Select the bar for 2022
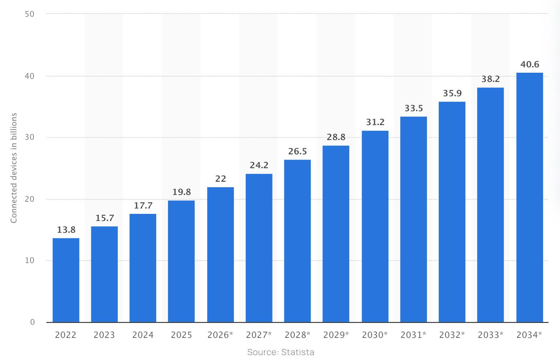[66, 280]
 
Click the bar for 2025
[181, 261]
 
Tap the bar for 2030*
[375, 226]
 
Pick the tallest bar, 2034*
[529, 197]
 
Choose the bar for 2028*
[297, 241]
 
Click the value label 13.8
[66, 230]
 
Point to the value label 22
[220, 179]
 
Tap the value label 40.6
[529, 65]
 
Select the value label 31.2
[375, 122]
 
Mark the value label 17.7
[143, 206]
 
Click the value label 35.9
[452, 93]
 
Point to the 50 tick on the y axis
[30, 14]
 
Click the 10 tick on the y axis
[30, 261]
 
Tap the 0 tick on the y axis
[32, 322]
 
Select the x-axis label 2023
[104, 335]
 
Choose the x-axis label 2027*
[259, 335]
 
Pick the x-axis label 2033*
[490, 335]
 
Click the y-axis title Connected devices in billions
[14, 168]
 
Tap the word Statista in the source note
[297, 352]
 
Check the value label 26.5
[297, 151]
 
